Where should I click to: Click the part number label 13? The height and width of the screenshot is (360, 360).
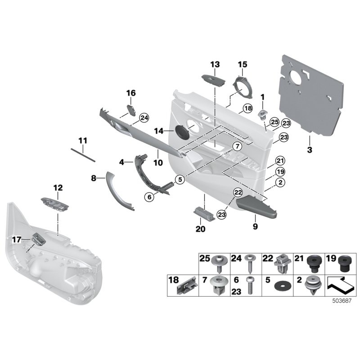(x=214, y=64)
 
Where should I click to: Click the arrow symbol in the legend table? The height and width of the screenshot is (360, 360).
(x=339, y=284)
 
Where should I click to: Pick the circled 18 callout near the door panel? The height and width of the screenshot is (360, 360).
(x=247, y=108)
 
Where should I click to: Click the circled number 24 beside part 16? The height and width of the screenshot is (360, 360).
(x=144, y=118)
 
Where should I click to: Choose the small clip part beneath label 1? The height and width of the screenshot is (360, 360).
(x=262, y=112)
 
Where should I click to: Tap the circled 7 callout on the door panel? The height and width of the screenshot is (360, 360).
(x=234, y=146)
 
